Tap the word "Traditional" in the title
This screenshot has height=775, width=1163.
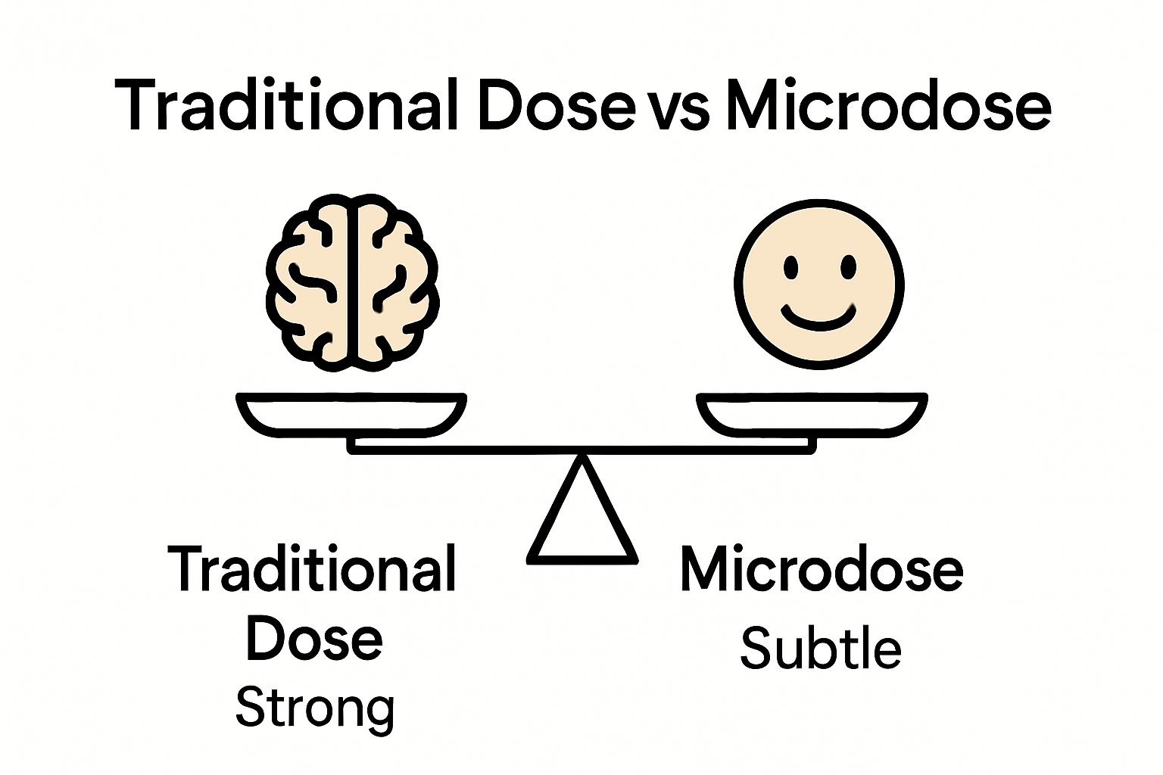pyautogui.click(x=286, y=106)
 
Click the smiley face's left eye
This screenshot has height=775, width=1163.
pyautogui.click(x=791, y=267)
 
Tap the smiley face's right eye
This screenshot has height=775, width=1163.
pyautogui.click(x=848, y=267)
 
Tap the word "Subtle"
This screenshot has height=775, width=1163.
pyautogui.click(x=821, y=649)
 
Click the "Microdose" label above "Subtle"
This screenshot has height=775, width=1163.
pyautogui.click(x=822, y=570)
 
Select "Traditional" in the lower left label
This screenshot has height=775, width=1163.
pyautogui.click(x=312, y=570)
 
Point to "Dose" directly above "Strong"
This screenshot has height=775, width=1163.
pyautogui.click(x=313, y=640)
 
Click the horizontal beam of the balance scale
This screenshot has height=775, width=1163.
pyautogui.click(x=581, y=450)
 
